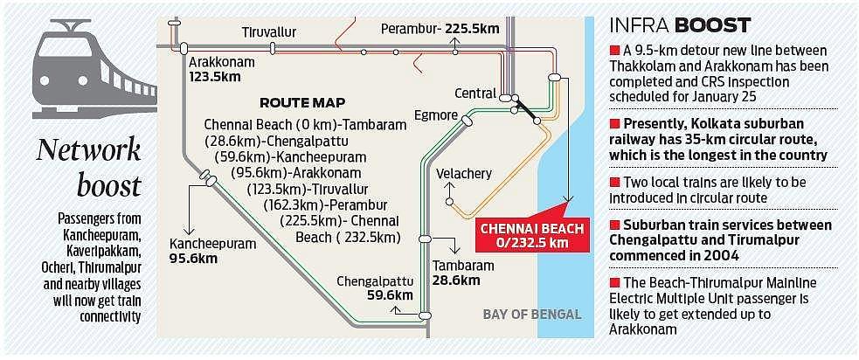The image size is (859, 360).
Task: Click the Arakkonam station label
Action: (215, 63)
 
